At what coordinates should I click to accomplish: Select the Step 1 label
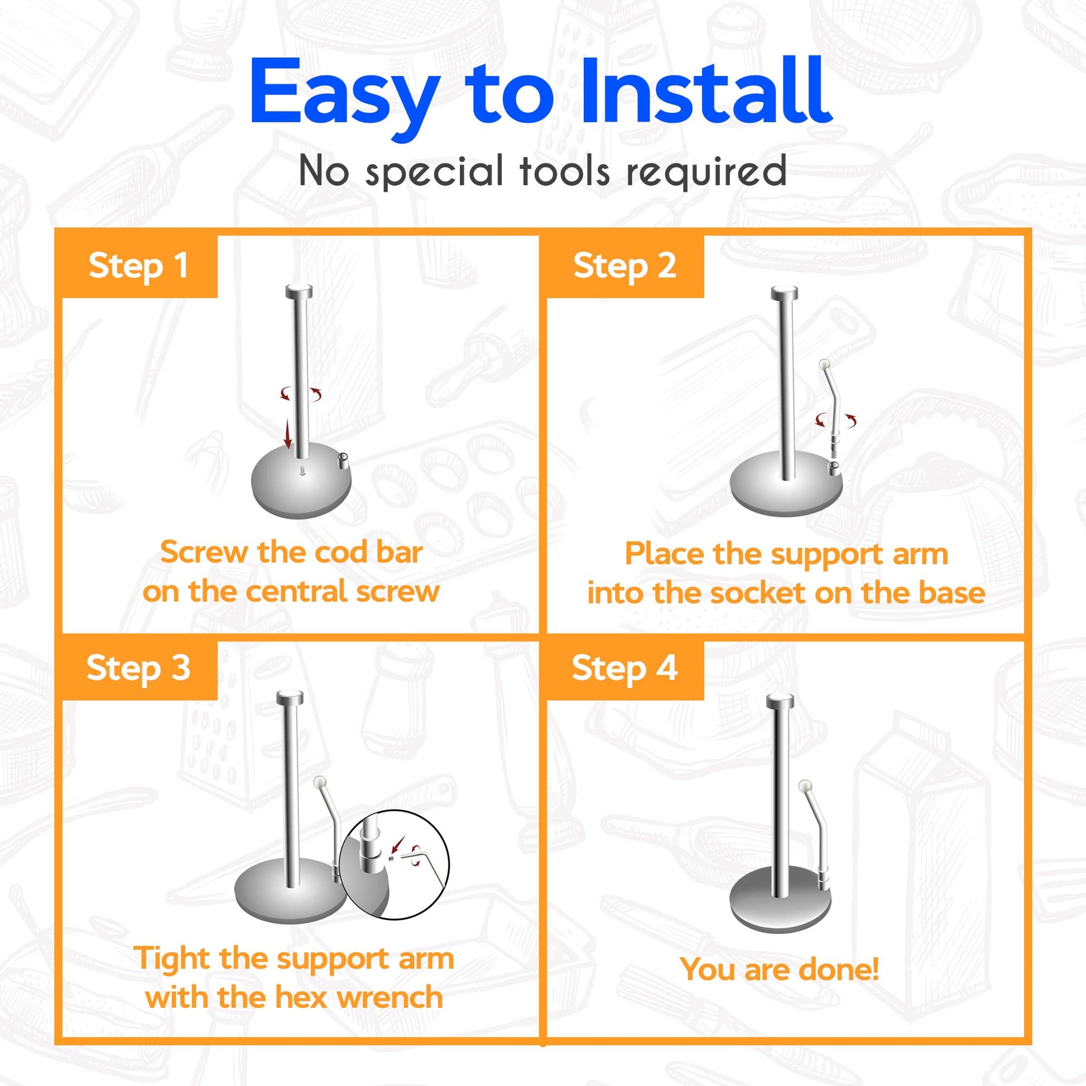pyautogui.click(x=138, y=266)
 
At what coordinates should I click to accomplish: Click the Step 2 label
pyautogui.click(x=624, y=266)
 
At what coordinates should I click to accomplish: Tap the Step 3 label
pyautogui.click(x=138, y=669)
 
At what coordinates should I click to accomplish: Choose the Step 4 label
pyautogui.click(x=624, y=669)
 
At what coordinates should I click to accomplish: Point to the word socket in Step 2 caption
pyautogui.click(x=759, y=594)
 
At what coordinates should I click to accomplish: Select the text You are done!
pyautogui.click(x=779, y=969)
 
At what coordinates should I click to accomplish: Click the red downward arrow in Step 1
pyautogui.click(x=288, y=433)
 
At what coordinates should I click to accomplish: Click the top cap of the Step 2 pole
pyautogui.click(x=784, y=293)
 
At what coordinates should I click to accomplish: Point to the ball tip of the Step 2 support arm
pyautogui.click(x=826, y=364)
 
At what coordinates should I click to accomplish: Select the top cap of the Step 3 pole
pyautogui.click(x=290, y=697)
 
